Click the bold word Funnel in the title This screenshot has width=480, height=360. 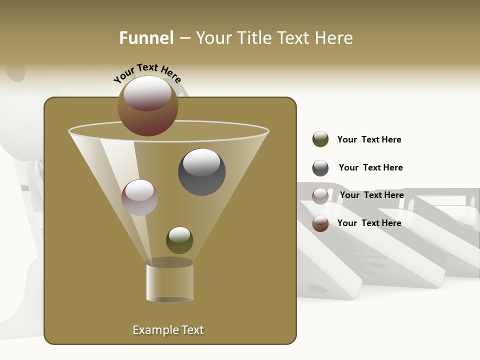[146, 38]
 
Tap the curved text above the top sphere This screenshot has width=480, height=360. [147, 72]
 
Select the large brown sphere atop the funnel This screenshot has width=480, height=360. [148, 105]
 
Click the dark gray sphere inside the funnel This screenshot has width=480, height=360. [202, 172]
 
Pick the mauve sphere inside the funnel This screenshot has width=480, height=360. [140, 197]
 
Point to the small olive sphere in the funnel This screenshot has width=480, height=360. [179, 240]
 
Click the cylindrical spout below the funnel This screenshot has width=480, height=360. [170, 281]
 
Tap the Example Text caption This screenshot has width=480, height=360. [168, 330]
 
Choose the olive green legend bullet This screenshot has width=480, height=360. [320, 139]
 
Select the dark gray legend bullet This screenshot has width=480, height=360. [320, 168]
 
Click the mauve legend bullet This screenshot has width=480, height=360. [320, 196]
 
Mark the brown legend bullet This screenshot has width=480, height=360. [320, 223]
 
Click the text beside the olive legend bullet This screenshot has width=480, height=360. [369, 139]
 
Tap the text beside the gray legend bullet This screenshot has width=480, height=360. [370, 167]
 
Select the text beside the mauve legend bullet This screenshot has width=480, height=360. [371, 195]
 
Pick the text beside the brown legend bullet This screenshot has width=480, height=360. [369, 223]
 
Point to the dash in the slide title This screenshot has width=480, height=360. [184, 38]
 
